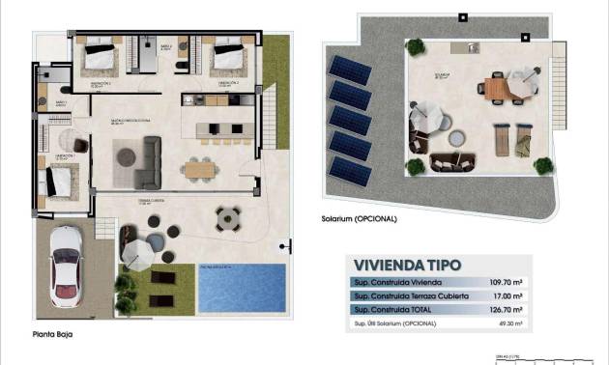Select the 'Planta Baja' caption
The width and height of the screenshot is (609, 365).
pyautogui.click(x=51, y=335)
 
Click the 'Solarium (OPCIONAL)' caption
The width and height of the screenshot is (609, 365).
pyautogui.click(x=360, y=218)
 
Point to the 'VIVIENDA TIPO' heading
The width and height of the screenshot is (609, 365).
pyautogui.click(x=407, y=264)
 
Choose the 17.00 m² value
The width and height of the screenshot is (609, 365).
pyautogui.click(x=509, y=295)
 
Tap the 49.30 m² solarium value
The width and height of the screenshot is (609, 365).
pyautogui.click(x=509, y=323)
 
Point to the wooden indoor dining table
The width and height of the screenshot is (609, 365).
pyautogui.click(x=199, y=168)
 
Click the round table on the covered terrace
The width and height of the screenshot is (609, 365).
pyautogui.click(x=228, y=218)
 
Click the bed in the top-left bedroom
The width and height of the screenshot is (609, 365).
pyautogui.click(x=99, y=57)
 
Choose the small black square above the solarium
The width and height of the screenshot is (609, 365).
pyautogui.click(x=461, y=15)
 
